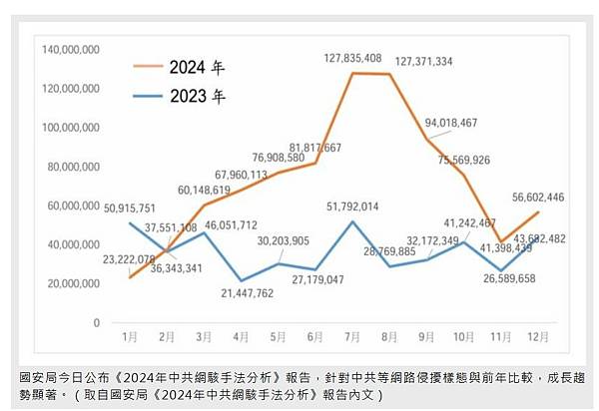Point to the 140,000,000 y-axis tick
click(68, 48)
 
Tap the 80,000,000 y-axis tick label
click(71, 166)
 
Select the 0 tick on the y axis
click(96, 323)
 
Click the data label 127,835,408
click(352, 59)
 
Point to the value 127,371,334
click(438, 62)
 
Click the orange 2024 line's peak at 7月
click(351, 73)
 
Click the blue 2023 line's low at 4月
click(241, 280)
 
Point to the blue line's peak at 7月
click(351, 221)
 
